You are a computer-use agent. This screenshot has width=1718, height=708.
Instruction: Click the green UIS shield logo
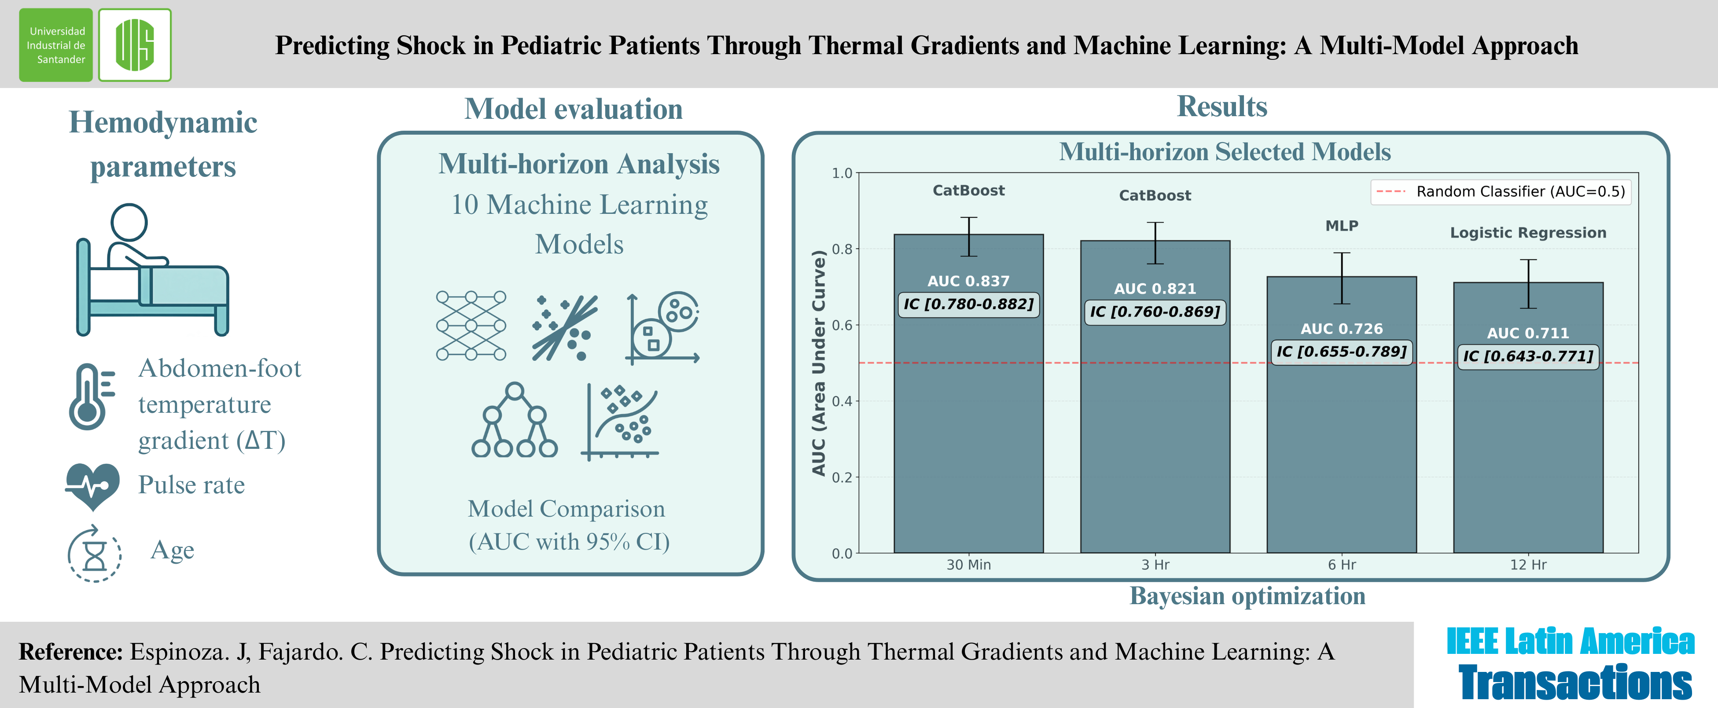coord(135,45)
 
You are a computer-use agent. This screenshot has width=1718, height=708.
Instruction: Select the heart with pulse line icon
coord(93,486)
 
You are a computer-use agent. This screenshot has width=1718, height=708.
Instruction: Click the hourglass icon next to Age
coord(95,554)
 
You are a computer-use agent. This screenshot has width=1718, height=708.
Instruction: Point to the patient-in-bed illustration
coord(151,270)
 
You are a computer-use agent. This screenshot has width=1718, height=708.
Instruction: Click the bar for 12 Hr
coord(1528,453)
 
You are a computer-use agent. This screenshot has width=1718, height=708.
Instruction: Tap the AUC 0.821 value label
coord(1155,289)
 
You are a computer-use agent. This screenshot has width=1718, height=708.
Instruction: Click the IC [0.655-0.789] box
coord(1341,351)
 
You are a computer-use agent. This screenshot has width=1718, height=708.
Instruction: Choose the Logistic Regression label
coord(1528,233)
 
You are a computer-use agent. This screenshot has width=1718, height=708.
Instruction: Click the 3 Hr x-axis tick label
coord(1155,565)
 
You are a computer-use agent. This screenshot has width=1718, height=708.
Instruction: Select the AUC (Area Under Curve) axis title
coord(818,363)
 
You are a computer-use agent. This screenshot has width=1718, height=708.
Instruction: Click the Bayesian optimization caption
coord(1247,596)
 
